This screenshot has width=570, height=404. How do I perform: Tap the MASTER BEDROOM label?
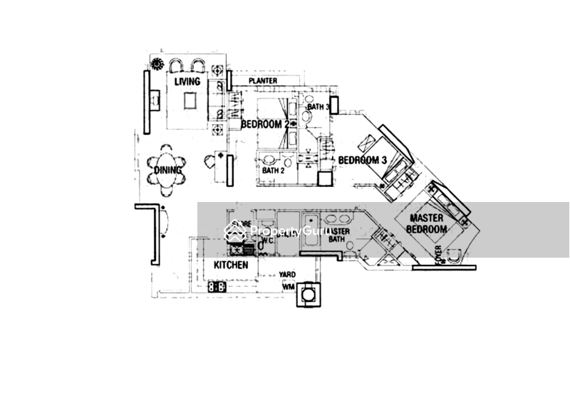click(x=427, y=223)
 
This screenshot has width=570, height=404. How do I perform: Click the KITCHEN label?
click(x=231, y=265)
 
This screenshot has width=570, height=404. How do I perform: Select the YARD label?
click(x=288, y=275)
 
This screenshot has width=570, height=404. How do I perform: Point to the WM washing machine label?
click(x=289, y=286)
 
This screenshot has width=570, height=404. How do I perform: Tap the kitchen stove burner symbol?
click(x=217, y=286)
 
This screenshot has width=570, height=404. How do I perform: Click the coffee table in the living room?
click(x=190, y=102)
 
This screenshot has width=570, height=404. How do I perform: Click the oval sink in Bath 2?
click(x=269, y=158)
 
